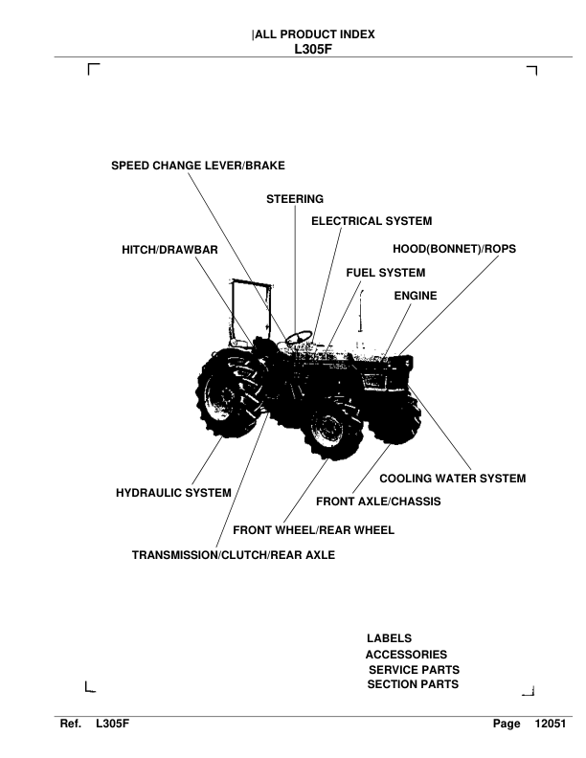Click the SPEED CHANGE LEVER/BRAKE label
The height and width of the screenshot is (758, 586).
pos(198,165)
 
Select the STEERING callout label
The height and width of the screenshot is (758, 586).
pos(295,199)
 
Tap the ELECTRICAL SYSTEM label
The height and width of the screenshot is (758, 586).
pos(372,221)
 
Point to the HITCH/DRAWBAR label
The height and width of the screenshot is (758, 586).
pos(170,249)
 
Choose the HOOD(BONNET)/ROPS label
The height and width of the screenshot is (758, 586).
pos(455,249)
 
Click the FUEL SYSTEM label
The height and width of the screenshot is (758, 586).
pos(385,273)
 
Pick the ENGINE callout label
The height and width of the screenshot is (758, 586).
pos(416,296)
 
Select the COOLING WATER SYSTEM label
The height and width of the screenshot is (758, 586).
pos(453,478)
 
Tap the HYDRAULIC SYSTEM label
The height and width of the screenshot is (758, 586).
pos(173,493)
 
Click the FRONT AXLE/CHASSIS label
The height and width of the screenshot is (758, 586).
pos(378,502)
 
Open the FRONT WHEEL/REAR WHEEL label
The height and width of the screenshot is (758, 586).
pos(313,529)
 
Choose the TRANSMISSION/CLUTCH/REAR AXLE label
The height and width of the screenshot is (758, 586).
pos(234,553)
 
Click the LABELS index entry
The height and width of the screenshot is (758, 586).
pos(389,637)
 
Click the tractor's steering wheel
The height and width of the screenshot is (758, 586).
pos(300,336)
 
